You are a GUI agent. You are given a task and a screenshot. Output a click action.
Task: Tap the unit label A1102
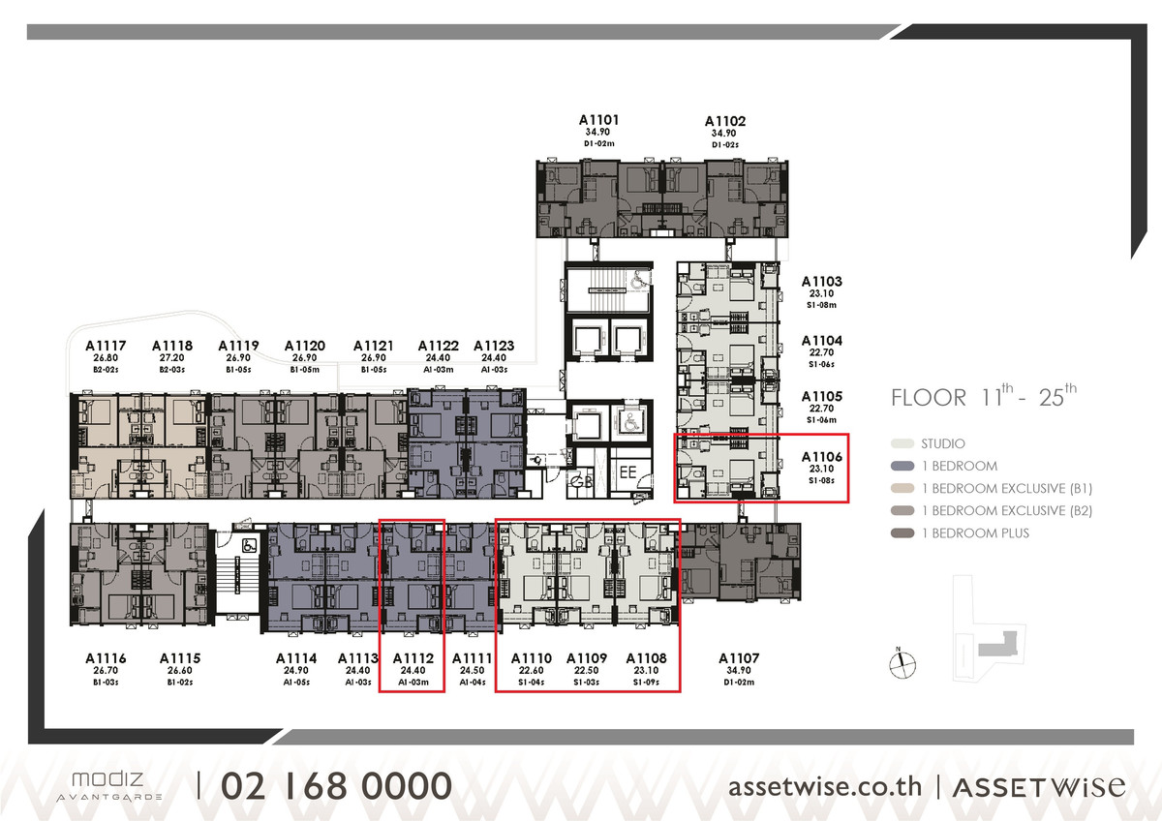pyautogui.click(x=725, y=121)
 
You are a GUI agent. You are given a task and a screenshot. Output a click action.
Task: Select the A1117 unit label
pyautogui.click(x=105, y=345)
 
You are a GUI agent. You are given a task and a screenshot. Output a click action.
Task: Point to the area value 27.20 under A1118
pyautogui.click(x=171, y=357)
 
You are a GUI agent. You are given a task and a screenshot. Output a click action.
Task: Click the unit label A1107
pyautogui.click(x=740, y=658)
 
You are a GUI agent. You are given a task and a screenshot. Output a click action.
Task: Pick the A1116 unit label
pyautogui.click(x=105, y=658)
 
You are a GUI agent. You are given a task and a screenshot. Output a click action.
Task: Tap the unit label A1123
pyautogui.click(x=493, y=345)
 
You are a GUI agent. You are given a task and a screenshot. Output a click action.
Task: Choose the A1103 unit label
pyautogui.click(x=821, y=282)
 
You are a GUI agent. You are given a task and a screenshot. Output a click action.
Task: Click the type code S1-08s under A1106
pyautogui.click(x=821, y=481)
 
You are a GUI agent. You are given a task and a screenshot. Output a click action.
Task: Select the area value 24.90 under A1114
pyautogui.click(x=296, y=671)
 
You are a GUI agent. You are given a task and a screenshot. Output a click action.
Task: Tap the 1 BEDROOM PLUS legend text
pyautogui.click(x=975, y=533)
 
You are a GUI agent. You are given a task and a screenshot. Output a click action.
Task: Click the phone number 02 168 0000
pyautogui.click(x=336, y=785)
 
